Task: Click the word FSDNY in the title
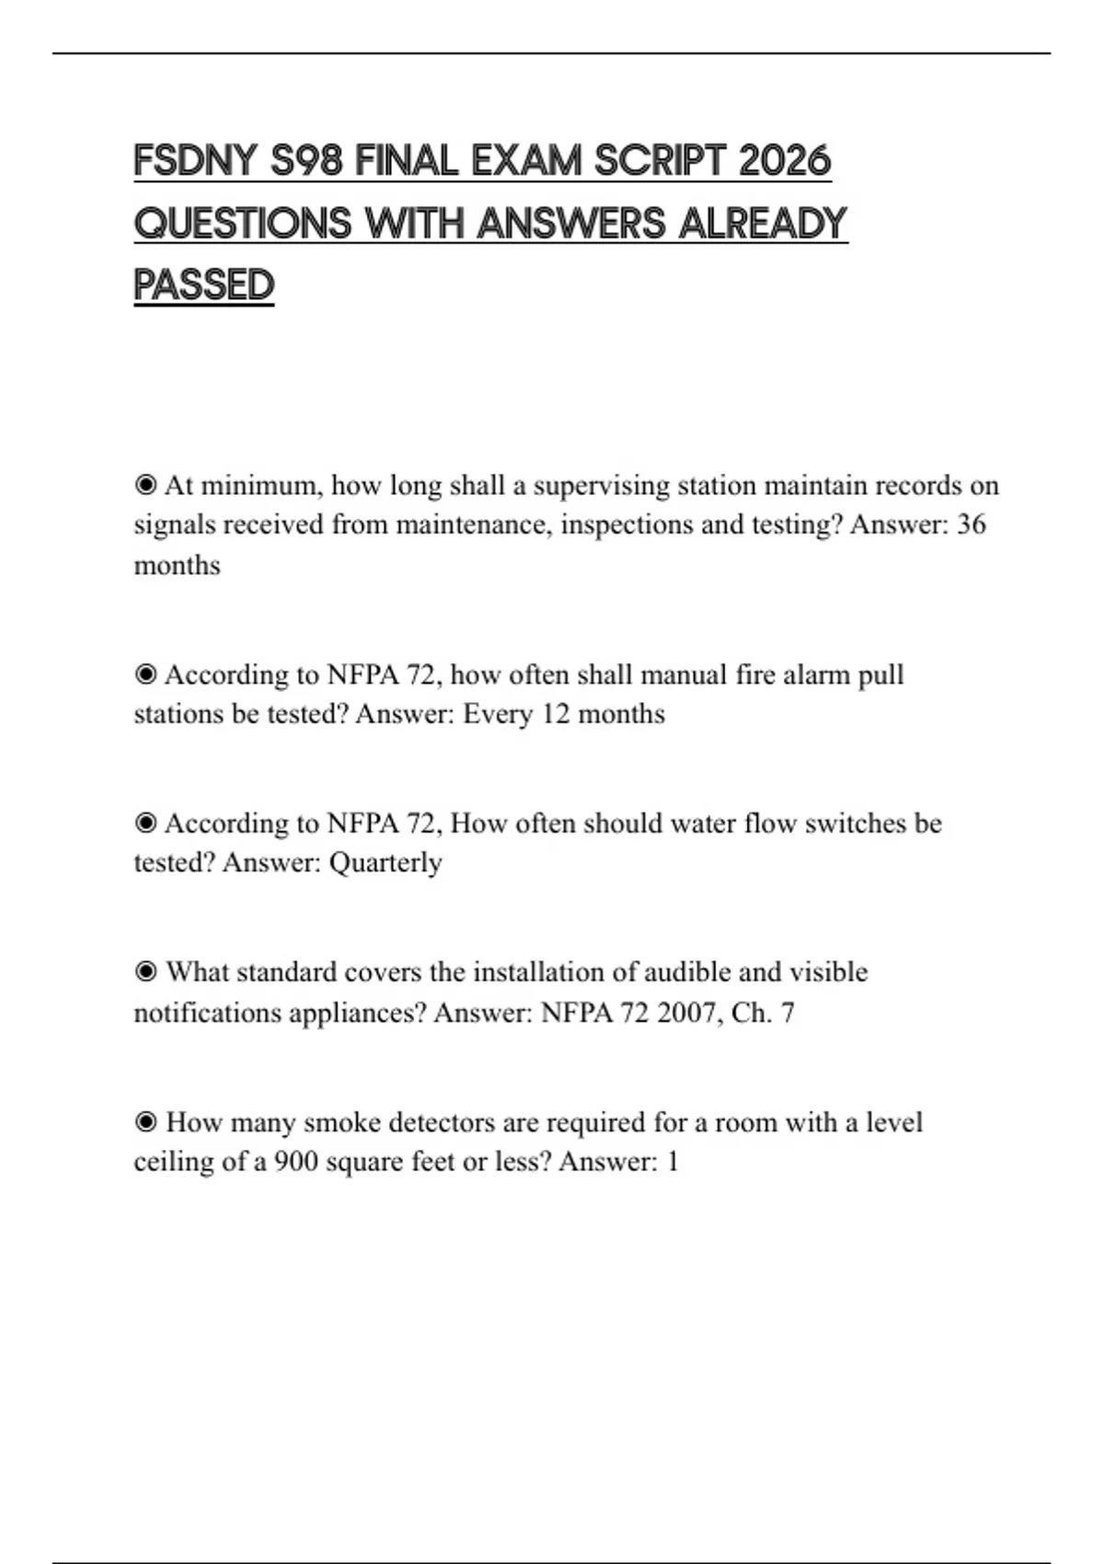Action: pyautogui.click(x=195, y=161)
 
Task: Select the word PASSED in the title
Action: pyautogui.click(x=204, y=285)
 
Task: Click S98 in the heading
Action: pyautogui.click(x=306, y=161)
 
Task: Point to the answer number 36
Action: pyautogui.click(x=972, y=524)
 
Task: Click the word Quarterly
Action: pyautogui.click(x=385, y=863)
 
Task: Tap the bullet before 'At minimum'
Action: pyautogui.click(x=145, y=485)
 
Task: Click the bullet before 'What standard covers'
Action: pyautogui.click(x=145, y=972)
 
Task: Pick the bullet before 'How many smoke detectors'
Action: pyautogui.click(x=145, y=1122)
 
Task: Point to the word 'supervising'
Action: pyautogui.click(x=601, y=486)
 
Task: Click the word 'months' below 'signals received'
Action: pyautogui.click(x=177, y=565)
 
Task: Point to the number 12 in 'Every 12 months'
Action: pyautogui.click(x=556, y=715)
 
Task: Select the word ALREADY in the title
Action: pyautogui.click(x=763, y=224)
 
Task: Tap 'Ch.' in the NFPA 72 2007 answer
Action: pyautogui.click(x=751, y=1013)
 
